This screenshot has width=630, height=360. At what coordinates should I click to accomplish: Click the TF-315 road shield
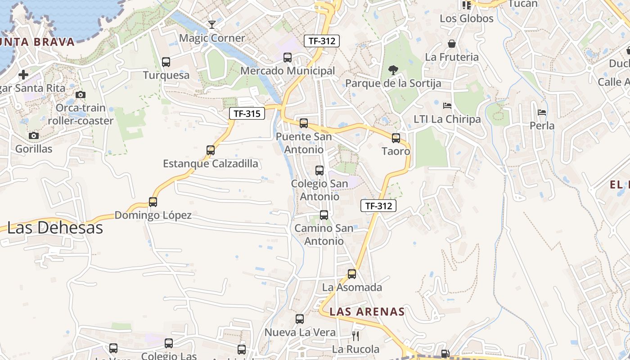tap(247, 113)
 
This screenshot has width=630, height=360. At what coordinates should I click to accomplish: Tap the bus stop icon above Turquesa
tap(166, 62)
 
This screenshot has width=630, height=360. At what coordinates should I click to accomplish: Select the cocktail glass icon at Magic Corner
tap(212, 24)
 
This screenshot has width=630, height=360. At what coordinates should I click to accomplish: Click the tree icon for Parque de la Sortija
tap(393, 70)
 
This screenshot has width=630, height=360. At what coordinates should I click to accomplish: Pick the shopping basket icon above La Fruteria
tap(451, 44)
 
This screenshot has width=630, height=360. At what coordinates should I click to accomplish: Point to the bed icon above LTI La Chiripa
tap(447, 106)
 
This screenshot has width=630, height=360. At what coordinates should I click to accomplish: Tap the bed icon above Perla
tap(542, 112)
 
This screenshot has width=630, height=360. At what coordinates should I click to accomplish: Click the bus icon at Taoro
tap(396, 138)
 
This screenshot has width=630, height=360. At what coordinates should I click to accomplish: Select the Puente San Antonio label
tap(304, 143)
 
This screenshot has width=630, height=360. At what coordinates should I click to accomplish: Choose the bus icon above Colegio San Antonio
tap(319, 170)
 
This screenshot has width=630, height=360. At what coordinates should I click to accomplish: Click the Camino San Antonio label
tap(324, 234)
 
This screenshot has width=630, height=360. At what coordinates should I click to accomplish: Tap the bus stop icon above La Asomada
tap(352, 274)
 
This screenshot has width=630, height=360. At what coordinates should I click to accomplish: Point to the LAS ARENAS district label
tap(367, 311)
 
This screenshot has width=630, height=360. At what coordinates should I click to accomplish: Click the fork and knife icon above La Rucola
tap(355, 336)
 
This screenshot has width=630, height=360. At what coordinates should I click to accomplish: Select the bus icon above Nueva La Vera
tap(300, 319)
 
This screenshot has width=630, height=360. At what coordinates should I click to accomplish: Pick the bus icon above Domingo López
tap(153, 202)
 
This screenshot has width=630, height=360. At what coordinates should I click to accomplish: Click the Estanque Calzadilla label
tap(211, 163)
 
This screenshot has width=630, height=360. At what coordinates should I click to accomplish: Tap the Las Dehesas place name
tap(55, 228)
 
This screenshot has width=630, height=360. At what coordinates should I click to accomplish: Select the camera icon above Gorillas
tap(34, 135)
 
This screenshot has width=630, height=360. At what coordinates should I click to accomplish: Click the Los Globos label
tap(467, 18)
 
